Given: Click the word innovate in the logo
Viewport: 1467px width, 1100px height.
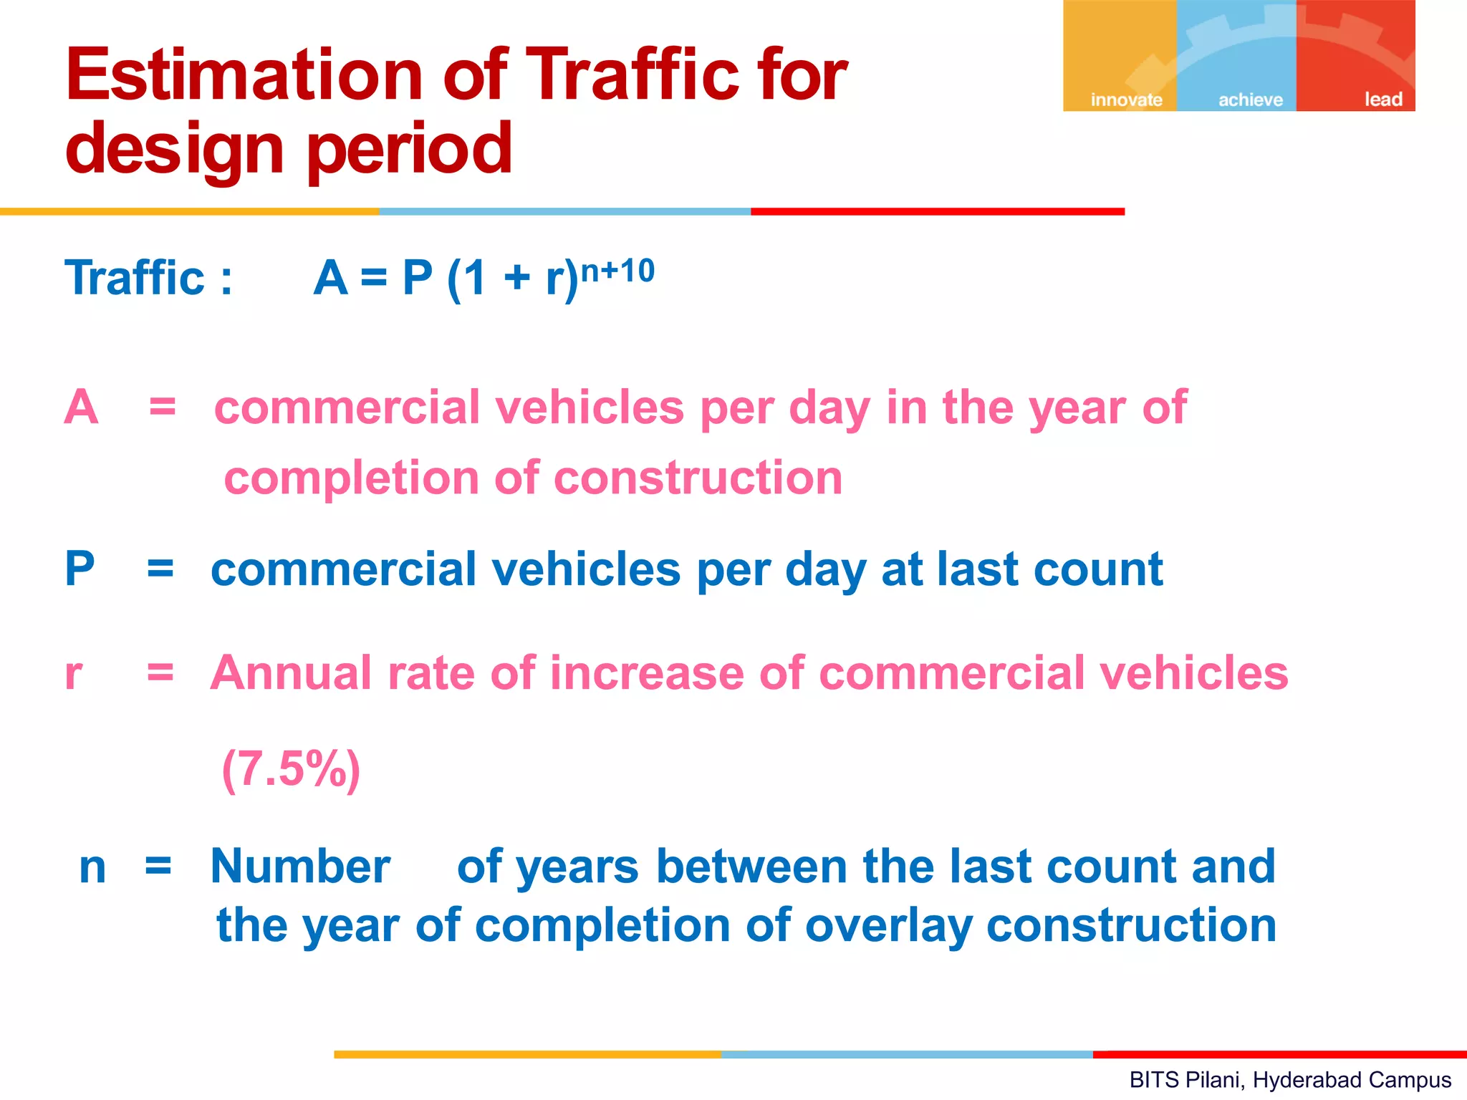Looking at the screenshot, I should click(x=1126, y=100).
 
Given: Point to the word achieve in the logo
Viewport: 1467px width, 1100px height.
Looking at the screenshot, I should click(x=1251, y=100).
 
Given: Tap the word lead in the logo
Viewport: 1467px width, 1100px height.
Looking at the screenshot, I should click(x=1383, y=99).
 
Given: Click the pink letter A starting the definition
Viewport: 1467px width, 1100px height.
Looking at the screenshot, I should click(x=81, y=407).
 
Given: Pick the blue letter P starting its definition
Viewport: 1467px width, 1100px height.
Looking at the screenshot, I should click(x=80, y=569).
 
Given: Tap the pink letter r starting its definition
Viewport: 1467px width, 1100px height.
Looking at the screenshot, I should click(x=73, y=673).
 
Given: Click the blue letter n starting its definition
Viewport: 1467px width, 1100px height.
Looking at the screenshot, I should click(x=92, y=867).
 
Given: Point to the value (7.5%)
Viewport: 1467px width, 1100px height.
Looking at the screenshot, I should click(x=291, y=769).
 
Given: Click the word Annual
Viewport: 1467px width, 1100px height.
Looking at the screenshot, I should click(x=291, y=673).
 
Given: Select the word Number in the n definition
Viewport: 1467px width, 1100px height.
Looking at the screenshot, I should click(x=300, y=867).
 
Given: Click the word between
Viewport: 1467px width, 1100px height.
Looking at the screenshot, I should click(x=750, y=867).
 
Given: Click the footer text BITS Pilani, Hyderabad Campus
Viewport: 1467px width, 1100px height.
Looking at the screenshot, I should click(x=1290, y=1079).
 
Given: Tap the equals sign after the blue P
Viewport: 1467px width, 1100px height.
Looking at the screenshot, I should click(x=160, y=570).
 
